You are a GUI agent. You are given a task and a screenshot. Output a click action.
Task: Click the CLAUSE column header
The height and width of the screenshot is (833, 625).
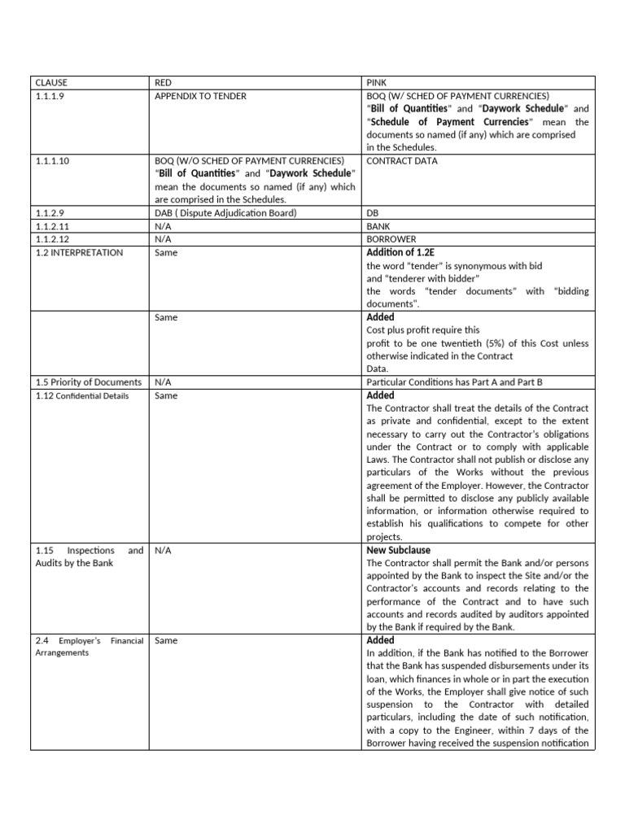point(51,83)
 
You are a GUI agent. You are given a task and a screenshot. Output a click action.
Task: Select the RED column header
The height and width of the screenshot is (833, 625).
point(163,83)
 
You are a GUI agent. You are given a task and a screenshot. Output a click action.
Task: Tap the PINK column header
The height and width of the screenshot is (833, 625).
point(377,83)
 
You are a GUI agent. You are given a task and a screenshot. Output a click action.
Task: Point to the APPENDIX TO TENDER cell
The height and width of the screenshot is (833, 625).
point(200,96)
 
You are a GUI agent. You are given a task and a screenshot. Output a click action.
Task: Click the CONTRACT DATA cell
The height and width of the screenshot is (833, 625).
point(402,161)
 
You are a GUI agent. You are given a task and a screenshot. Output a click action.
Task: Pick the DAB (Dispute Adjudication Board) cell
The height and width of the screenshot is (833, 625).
point(225,213)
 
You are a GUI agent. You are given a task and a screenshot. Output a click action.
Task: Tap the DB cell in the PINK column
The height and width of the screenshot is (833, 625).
point(373,213)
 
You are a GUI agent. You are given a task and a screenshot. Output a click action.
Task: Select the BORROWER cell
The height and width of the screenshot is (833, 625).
point(391,239)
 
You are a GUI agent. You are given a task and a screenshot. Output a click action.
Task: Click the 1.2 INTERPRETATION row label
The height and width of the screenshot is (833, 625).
point(79,252)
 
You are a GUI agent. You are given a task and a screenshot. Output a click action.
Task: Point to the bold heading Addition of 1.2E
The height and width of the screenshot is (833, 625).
point(404,252)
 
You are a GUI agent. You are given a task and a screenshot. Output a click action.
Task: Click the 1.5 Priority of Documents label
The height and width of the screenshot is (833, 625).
point(88,382)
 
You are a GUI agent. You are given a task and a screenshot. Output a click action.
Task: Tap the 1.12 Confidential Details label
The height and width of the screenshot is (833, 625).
point(81,395)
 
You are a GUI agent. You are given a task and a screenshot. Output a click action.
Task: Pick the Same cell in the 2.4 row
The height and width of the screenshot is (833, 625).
point(165,641)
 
